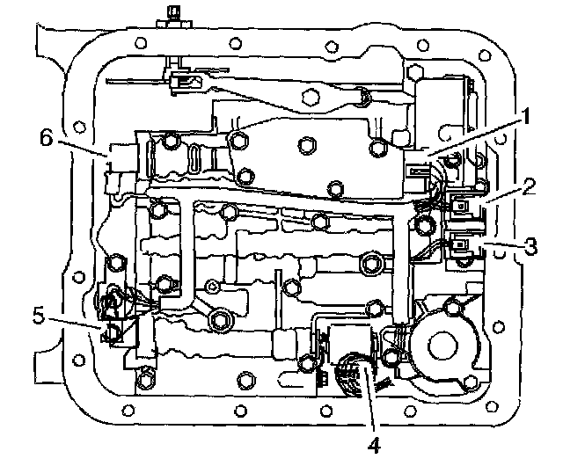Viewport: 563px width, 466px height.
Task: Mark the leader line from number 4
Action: (369, 404)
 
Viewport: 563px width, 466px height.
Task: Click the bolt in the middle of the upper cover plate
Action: (307, 146)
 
